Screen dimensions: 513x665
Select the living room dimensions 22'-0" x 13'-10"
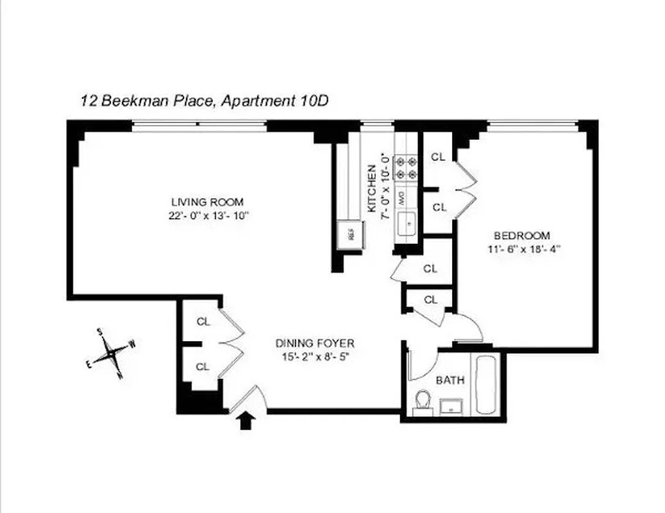205,216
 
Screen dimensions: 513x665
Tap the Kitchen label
371,189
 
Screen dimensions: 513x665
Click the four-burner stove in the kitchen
406,167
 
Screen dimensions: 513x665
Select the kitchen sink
406,224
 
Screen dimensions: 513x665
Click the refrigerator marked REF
351,234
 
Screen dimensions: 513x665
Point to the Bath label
450,380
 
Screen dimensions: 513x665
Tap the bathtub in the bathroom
484,384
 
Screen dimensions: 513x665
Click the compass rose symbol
113,352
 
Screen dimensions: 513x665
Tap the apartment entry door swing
246,397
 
